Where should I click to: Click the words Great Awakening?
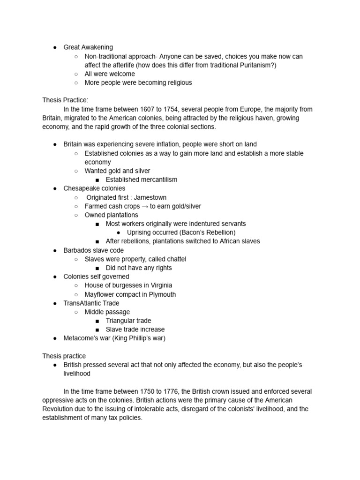tap(88, 47)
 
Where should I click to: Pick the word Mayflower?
tap(101, 294)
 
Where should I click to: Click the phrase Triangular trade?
tap(128, 321)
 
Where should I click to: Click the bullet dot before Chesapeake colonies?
tap(55, 188)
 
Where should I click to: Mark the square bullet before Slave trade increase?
tap(97, 330)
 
